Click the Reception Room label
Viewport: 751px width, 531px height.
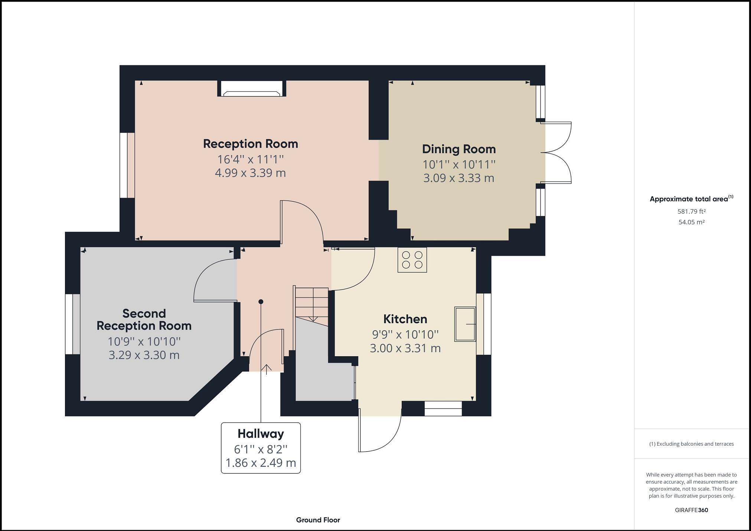pyautogui.click(x=251, y=144)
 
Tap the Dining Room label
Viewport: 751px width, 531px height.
pyautogui.click(x=459, y=149)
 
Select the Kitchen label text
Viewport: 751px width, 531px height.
pyautogui.click(x=405, y=319)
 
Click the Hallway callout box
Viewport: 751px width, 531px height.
pyautogui.click(x=261, y=448)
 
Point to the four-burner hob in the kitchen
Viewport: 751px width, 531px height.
pyautogui.click(x=412, y=260)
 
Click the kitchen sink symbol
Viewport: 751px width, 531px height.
pyautogui.click(x=465, y=324)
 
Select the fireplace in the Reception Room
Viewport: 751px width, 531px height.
pyautogui.click(x=252, y=89)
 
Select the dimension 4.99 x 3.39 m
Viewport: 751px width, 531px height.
pyautogui.click(x=251, y=173)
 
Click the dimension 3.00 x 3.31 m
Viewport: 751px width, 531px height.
pyautogui.click(x=405, y=348)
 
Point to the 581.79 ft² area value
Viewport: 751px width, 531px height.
pyautogui.click(x=691, y=212)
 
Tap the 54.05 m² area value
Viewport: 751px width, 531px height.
pyautogui.click(x=691, y=222)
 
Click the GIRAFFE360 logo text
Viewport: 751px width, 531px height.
pyautogui.click(x=691, y=510)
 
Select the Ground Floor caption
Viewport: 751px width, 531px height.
pyautogui.click(x=318, y=520)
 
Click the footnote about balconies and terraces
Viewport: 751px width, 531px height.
pyautogui.click(x=691, y=444)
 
